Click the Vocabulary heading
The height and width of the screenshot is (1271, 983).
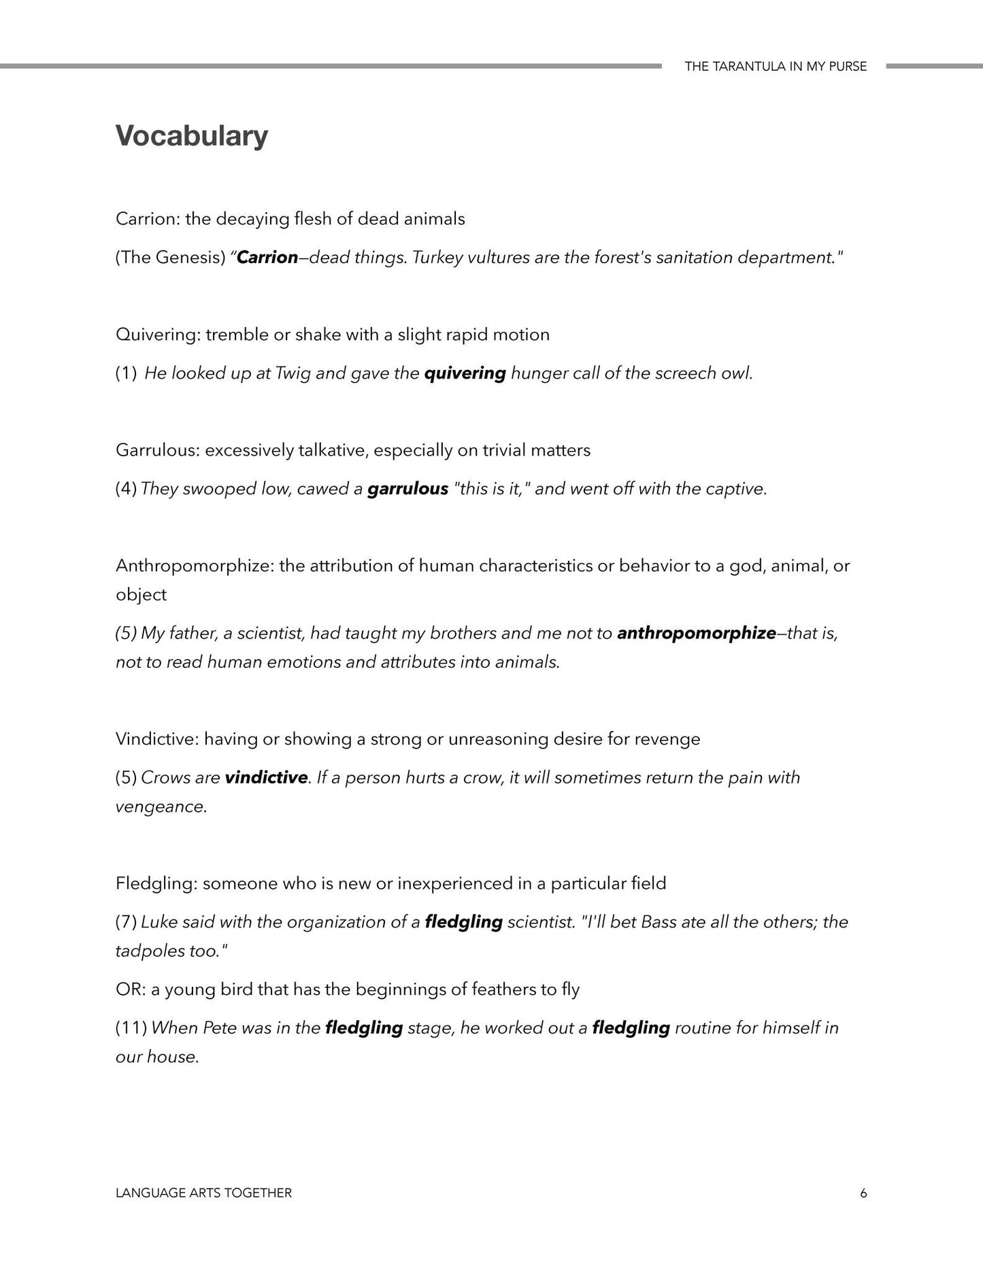pos(191,136)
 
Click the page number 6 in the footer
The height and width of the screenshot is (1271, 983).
pos(863,1193)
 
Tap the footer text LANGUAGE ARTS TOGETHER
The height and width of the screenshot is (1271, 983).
pos(203,1193)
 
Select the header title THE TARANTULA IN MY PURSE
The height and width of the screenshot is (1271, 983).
pos(776,67)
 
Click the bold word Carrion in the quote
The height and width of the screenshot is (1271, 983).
pos(267,258)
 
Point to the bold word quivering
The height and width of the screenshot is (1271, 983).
pos(465,373)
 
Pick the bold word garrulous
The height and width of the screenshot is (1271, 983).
pos(407,489)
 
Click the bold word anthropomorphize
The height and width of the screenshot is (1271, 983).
pos(696,633)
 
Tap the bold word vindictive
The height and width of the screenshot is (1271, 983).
pos(266,777)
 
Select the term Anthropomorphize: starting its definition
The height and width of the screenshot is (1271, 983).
pos(195,566)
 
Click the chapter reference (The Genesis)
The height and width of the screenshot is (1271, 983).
pos(170,258)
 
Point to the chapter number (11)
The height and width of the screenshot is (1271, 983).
pos(131,1028)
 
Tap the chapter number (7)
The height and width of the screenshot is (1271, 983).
pos(127,922)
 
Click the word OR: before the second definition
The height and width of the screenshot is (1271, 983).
pos(129,989)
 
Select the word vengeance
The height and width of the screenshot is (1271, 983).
pos(161,807)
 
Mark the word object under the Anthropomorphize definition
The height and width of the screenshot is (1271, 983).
pos(141,595)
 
